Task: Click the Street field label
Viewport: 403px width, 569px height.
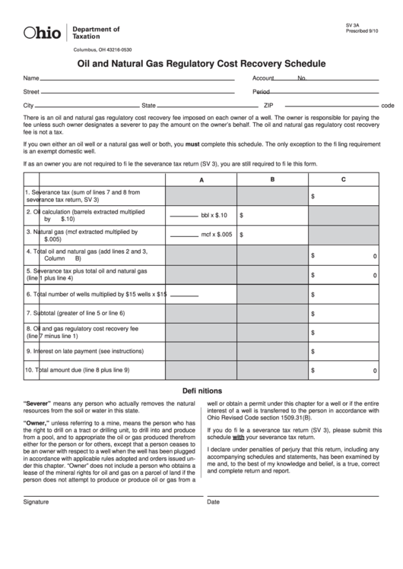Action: pyautogui.click(x=31, y=92)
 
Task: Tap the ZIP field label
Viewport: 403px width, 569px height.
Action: pyautogui.click(x=268, y=105)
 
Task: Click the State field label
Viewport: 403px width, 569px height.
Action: pyautogui.click(x=148, y=105)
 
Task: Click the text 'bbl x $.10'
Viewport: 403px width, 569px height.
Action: pyautogui.click(x=214, y=216)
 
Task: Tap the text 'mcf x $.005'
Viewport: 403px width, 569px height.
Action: pyautogui.click(x=216, y=235)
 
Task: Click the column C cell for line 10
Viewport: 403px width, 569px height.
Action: pyautogui.click(x=343, y=370)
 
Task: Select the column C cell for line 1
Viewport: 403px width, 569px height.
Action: pyautogui.click(x=343, y=196)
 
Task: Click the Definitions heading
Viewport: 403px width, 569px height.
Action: pyautogui.click(x=201, y=390)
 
